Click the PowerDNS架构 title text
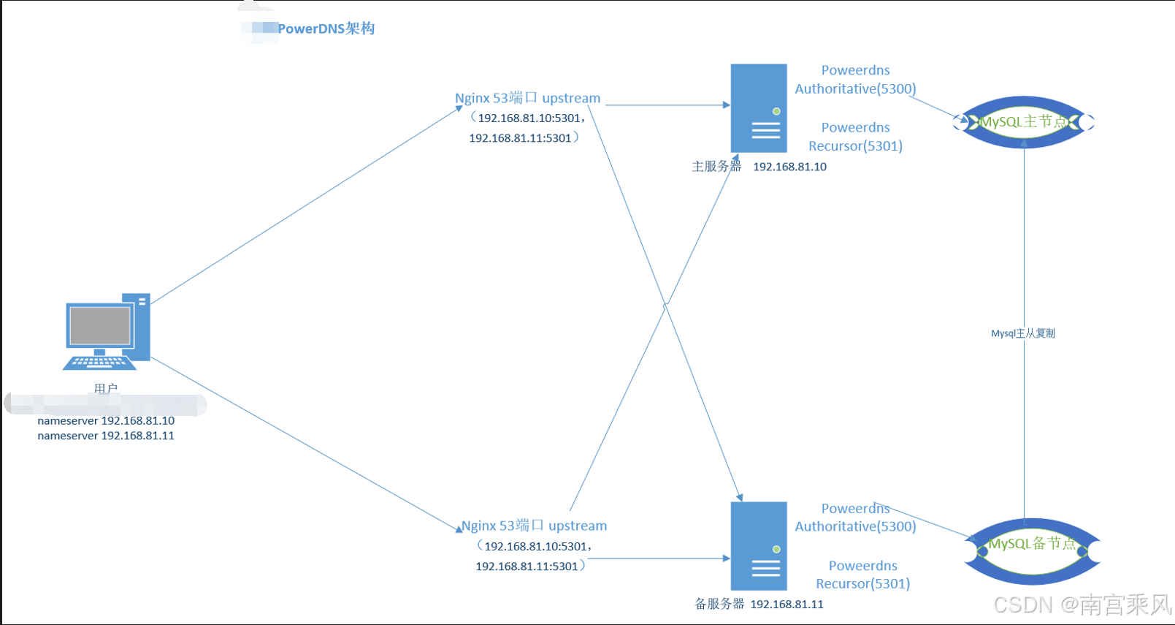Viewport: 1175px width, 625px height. tap(326, 29)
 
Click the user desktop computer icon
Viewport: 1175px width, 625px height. tap(107, 332)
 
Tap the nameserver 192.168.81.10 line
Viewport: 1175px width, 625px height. tap(106, 421)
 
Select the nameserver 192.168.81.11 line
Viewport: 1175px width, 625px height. tap(106, 436)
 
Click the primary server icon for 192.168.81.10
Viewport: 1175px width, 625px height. tap(759, 108)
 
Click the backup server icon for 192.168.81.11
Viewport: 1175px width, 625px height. tap(759, 545)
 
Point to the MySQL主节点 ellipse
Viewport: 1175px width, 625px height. tap(1024, 122)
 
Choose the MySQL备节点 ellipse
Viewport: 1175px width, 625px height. tap(1032, 550)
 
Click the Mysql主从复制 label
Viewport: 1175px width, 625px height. tap(1022, 333)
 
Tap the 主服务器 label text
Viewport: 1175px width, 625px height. tap(716, 167)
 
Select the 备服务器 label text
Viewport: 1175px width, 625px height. tap(719, 604)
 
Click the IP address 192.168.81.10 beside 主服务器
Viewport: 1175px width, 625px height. tap(789, 167)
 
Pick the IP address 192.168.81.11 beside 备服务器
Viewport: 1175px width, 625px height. tap(786, 605)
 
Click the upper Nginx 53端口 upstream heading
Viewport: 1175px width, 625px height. tap(527, 98)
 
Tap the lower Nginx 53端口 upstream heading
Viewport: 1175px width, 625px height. tap(534, 526)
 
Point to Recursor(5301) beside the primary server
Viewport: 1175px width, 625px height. tap(855, 146)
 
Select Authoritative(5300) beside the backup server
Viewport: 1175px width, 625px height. tap(855, 526)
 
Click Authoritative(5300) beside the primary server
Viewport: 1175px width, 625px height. tap(855, 89)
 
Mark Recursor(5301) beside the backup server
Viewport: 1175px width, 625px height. tap(862, 584)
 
